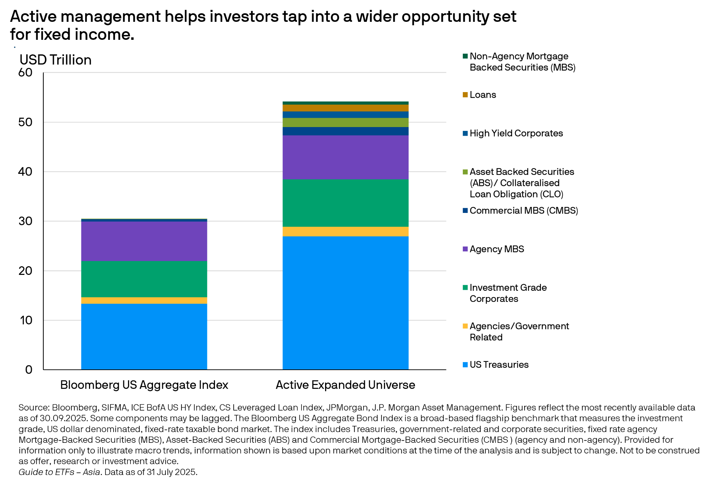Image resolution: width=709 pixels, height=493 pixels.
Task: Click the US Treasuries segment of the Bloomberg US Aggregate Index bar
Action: pos(144,337)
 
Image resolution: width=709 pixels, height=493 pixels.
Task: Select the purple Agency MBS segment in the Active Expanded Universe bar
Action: pos(345,157)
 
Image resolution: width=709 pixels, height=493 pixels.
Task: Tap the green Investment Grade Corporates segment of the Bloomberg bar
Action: pos(144,279)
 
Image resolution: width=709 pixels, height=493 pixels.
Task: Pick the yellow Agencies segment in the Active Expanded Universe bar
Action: pos(345,232)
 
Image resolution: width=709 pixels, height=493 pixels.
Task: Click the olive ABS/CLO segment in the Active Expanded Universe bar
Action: pos(345,123)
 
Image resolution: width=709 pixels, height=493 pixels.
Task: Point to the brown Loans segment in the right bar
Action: pos(345,108)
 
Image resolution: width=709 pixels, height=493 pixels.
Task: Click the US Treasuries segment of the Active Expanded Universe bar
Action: pos(345,303)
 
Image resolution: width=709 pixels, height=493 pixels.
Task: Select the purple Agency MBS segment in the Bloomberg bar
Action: pos(144,241)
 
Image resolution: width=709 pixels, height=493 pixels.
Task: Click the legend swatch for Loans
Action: pos(465,95)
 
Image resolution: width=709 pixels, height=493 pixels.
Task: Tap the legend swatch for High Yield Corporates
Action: pos(465,133)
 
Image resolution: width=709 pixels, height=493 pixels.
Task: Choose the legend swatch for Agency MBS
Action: pos(465,249)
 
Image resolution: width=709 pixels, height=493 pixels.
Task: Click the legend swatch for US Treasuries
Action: pos(465,365)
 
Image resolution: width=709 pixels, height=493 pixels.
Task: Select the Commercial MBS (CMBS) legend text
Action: pos(524,210)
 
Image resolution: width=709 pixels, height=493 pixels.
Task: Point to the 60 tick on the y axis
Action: pos(25,72)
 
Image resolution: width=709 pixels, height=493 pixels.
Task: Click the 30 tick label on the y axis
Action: pos(25,221)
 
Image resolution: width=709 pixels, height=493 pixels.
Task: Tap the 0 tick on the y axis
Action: pos(29,370)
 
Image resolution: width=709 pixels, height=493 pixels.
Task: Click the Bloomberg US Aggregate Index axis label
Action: pos(144,385)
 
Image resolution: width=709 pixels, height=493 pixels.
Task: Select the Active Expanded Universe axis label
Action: pos(345,385)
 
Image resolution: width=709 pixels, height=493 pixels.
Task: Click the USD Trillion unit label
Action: pos(55,60)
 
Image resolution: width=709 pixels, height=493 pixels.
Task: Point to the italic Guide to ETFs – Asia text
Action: pos(59,472)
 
